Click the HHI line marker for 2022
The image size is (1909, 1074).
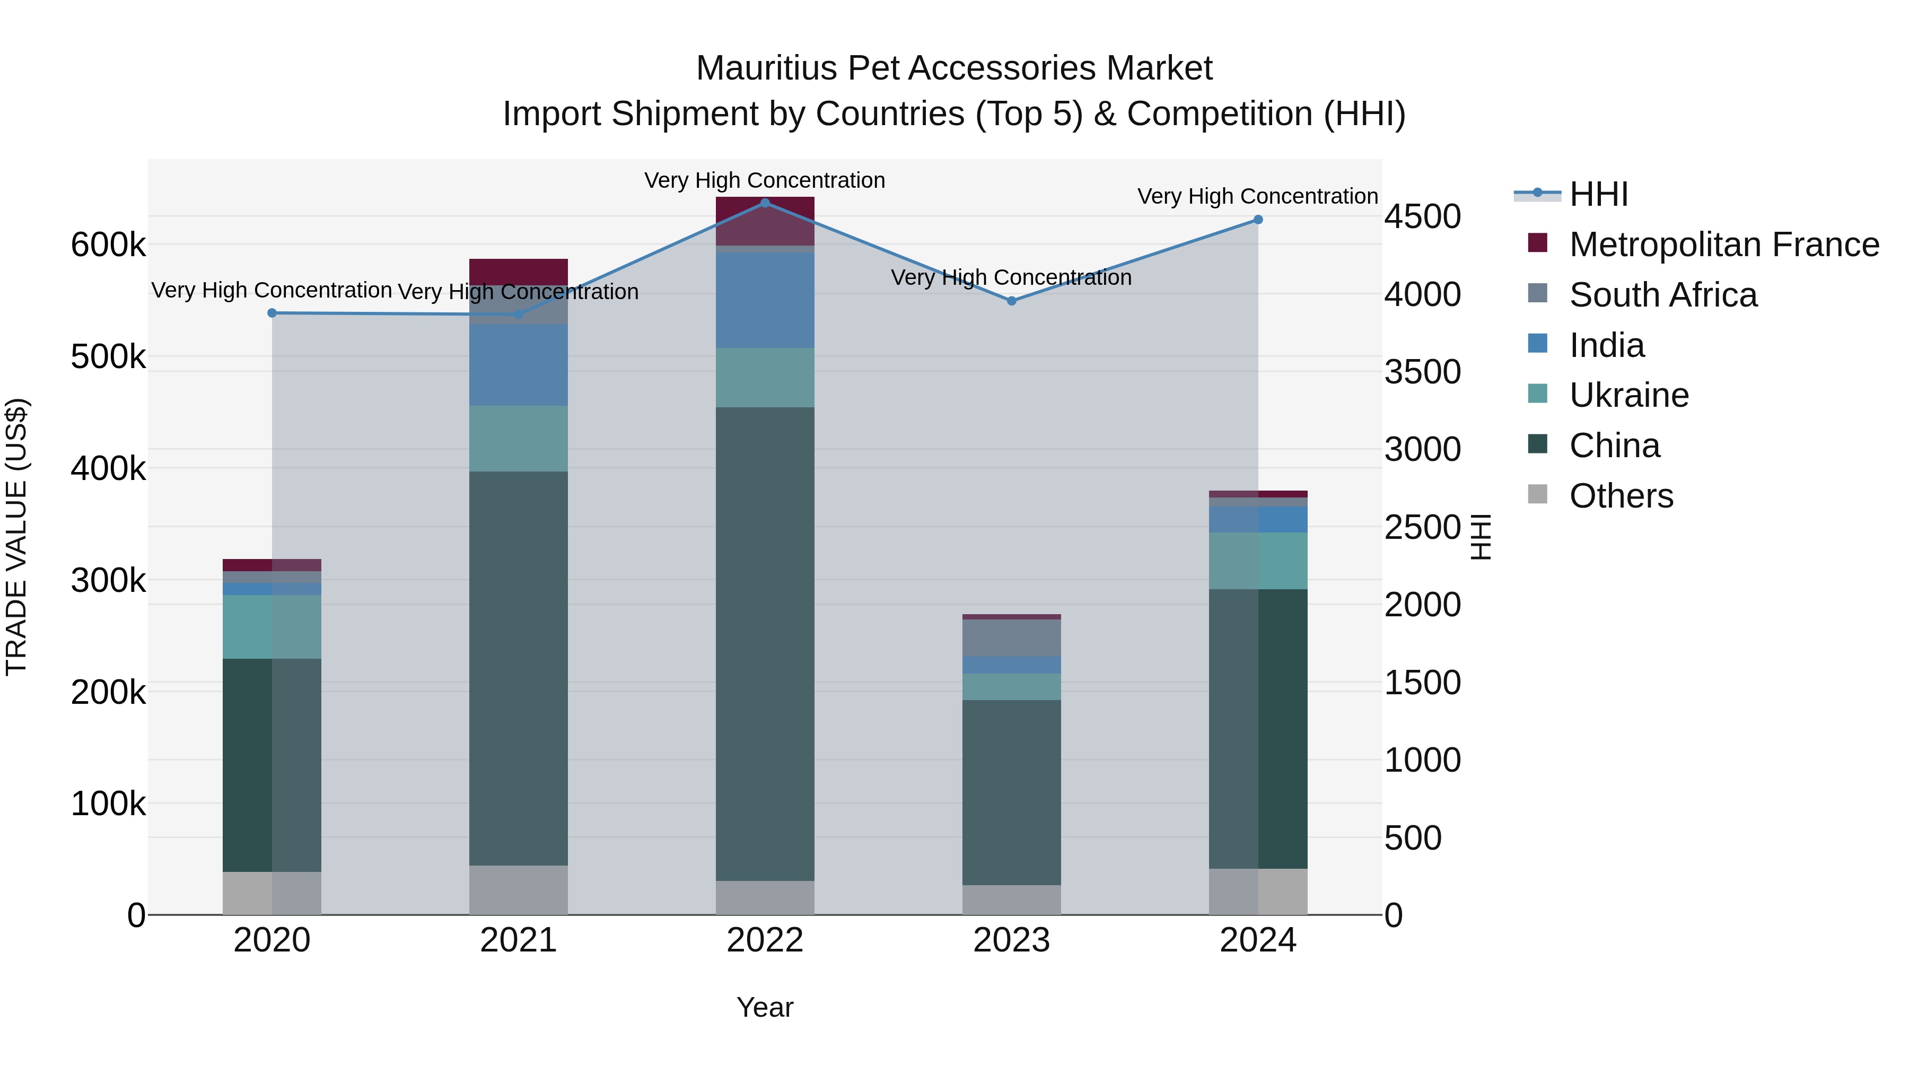point(765,203)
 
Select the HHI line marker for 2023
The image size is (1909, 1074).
point(1012,301)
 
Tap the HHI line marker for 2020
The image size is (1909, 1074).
point(272,313)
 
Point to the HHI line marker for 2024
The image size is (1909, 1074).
point(1258,220)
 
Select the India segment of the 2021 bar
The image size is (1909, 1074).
point(518,365)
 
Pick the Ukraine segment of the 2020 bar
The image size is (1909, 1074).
point(272,626)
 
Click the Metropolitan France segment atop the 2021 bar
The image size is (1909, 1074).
point(518,271)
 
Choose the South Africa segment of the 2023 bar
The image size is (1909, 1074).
point(1012,638)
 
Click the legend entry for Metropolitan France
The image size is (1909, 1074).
point(1724,245)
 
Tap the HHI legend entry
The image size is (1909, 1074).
point(1598,194)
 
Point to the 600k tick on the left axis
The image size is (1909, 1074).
point(108,245)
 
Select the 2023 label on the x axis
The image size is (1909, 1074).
point(1012,940)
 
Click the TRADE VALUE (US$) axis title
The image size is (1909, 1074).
point(17,537)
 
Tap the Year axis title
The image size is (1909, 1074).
point(765,1007)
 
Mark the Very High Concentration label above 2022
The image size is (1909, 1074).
point(765,180)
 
